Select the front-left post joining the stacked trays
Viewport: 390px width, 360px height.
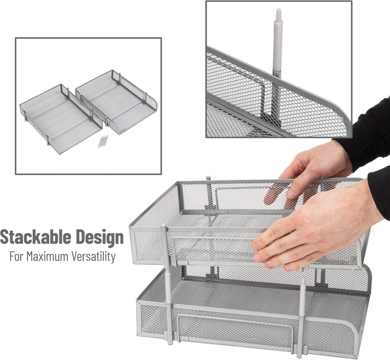coord(166,283)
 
